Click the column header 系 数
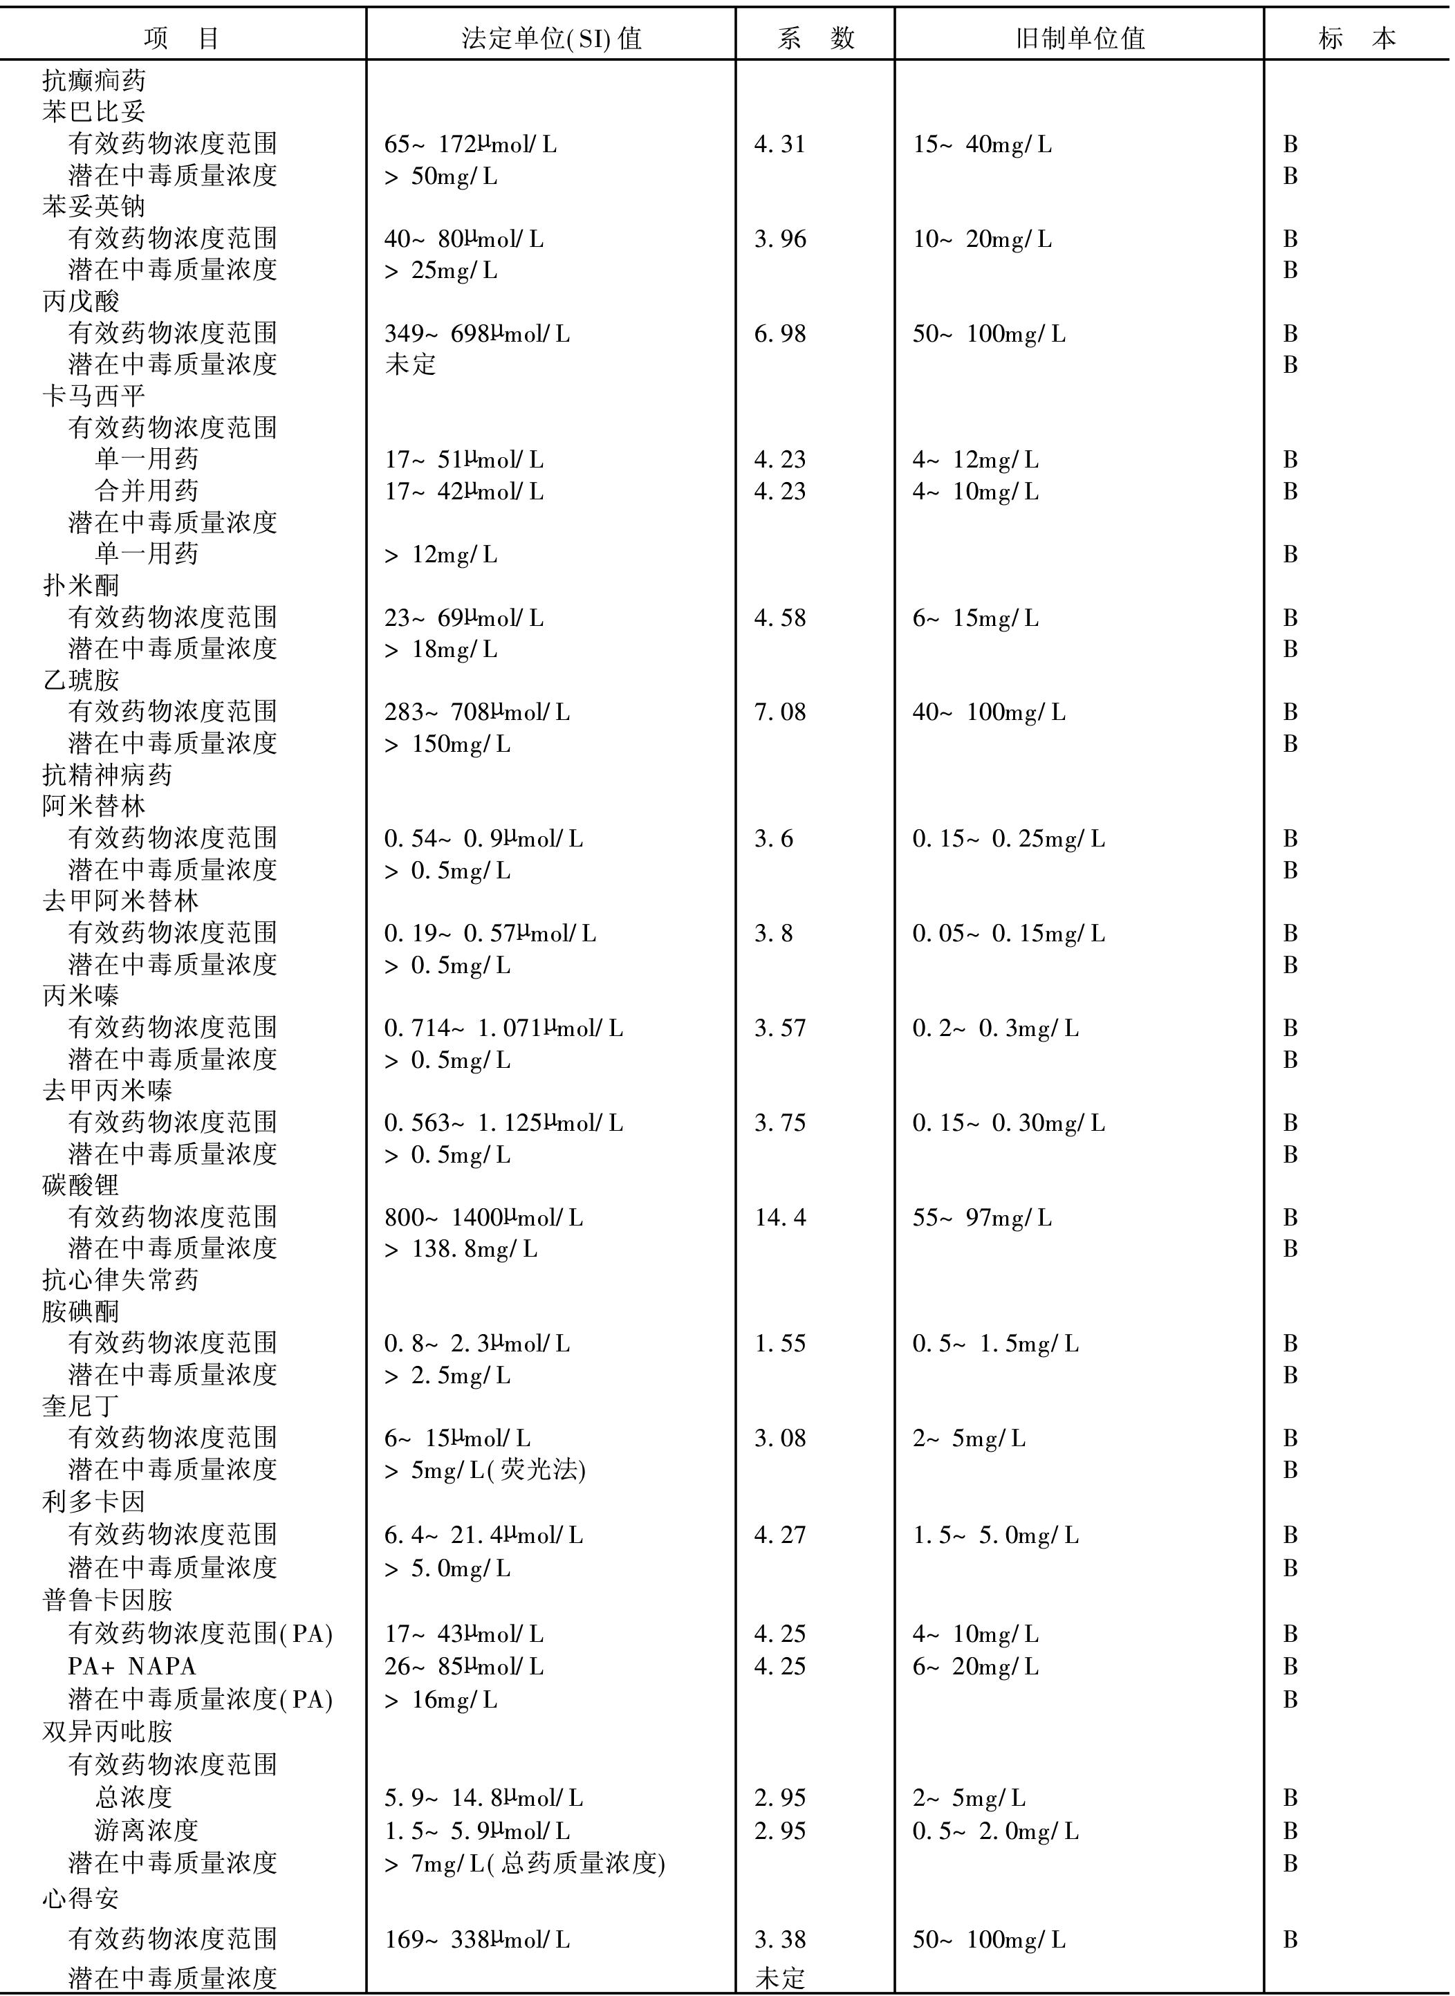[x=815, y=38]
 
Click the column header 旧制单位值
[x=1079, y=38]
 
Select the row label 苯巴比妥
[x=93, y=111]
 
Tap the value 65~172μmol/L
[x=470, y=145]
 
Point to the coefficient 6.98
[x=779, y=334]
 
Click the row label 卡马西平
[x=93, y=396]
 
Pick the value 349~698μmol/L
[x=476, y=334]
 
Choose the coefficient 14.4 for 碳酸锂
[x=779, y=1217]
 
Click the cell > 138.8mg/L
[x=461, y=1249]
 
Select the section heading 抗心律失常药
[x=120, y=1280]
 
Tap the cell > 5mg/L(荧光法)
[x=484, y=1470]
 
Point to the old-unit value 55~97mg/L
[x=982, y=1217]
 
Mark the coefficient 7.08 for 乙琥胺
[x=779, y=712]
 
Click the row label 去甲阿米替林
[x=120, y=901]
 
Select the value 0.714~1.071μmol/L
[x=503, y=1028]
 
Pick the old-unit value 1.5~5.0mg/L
[x=995, y=1535]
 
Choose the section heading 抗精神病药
[x=106, y=775]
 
